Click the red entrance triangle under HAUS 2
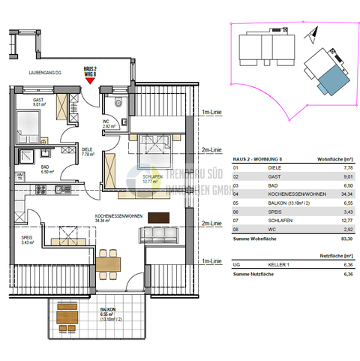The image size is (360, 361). pyautogui.click(x=91, y=82)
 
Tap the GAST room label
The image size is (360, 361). pyautogui.click(x=37, y=101)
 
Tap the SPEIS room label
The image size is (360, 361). pyautogui.click(x=28, y=238)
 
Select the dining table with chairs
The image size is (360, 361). pyautogui.click(x=111, y=263)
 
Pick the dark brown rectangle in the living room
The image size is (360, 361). pyautogui.click(x=160, y=218)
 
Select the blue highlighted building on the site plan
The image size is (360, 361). pyautogui.click(x=329, y=77)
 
